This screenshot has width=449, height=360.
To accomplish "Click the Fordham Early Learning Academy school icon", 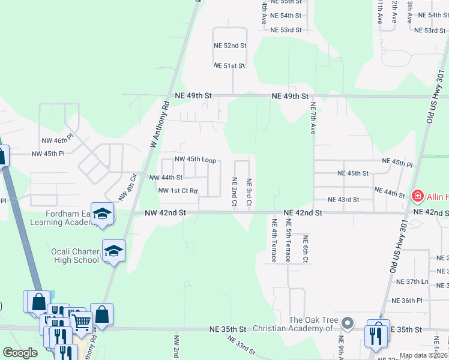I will click(x=103, y=215).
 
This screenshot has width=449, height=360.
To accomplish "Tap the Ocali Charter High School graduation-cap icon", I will click(x=113, y=252).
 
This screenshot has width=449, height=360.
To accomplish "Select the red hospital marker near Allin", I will click(x=417, y=196).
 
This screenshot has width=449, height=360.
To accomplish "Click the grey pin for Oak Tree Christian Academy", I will click(x=347, y=324).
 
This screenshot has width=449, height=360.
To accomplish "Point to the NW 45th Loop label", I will click(x=195, y=160).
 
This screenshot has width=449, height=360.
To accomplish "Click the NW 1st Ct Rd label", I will click(x=178, y=191).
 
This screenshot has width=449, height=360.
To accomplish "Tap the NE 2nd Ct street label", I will click(x=235, y=192).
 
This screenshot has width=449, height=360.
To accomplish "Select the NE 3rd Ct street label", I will click(x=249, y=192).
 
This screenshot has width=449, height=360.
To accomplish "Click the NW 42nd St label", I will click(x=165, y=213).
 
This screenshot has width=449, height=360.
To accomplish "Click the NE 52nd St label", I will click(x=231, y=46).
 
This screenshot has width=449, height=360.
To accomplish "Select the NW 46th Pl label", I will click(x=57, y=140).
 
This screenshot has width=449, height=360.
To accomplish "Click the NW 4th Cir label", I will click(x=128, y=187).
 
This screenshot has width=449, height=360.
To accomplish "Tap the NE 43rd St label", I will click(x=343, y=199).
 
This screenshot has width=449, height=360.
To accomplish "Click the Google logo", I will click(x=20, y=353).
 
